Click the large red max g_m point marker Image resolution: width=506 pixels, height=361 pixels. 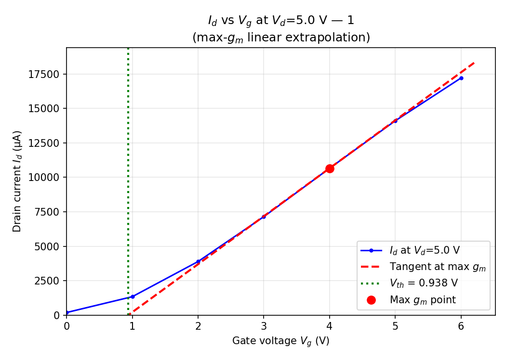(330, 168)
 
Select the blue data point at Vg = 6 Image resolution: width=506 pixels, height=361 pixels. (461, 78)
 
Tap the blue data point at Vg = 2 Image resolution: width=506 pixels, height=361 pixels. (198, 261)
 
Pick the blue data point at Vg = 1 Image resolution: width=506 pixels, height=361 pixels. (133, 297)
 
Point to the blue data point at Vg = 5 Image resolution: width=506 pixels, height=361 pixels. (395, 121)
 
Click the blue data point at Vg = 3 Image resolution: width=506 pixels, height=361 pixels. (264, 217)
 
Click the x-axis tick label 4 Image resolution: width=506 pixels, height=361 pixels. (330, 326)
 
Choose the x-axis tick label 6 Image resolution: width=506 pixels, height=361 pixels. (461, 326)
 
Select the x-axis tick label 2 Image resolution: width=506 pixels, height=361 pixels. (198, 326)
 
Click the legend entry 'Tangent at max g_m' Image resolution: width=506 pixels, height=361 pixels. (437, 267)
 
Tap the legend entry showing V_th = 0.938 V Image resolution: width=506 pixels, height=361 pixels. (423, 283)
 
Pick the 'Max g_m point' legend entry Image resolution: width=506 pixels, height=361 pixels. (422, 300)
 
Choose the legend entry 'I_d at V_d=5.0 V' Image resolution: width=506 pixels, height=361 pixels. (424, 250)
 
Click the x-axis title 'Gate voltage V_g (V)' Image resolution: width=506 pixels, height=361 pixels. (281, 341)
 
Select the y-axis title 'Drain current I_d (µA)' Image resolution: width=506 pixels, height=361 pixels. (17, 181)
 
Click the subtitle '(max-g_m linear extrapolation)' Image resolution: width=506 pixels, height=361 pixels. (281, 38)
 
